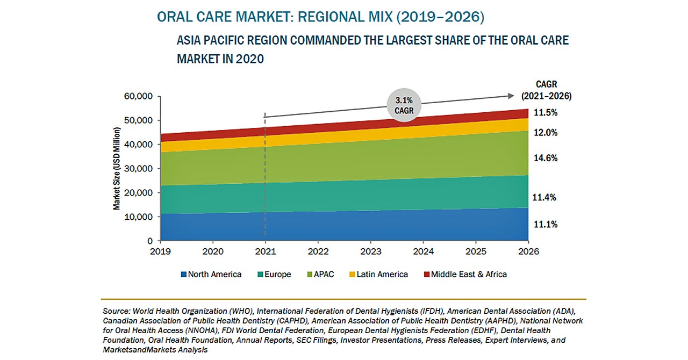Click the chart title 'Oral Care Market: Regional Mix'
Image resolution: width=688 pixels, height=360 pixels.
tap(320, 17)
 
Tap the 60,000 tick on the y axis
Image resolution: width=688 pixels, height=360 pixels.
tap(138, 97)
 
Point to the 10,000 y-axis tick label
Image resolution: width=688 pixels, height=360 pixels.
tap(138, 217)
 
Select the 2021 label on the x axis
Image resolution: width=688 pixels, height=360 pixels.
tap(265, 251)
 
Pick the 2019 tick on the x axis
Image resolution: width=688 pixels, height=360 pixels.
tap(161, 251)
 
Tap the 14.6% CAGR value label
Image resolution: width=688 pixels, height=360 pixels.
tap(545, 158)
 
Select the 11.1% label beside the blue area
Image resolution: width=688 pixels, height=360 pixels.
tap(545, 224)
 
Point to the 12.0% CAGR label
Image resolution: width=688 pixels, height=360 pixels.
tap(545, 133)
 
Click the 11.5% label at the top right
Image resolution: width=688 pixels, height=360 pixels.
tap(545, 113)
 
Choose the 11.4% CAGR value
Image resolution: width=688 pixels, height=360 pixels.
tap(545, 197)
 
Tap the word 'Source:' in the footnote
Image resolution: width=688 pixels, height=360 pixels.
tap(116, 311)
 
